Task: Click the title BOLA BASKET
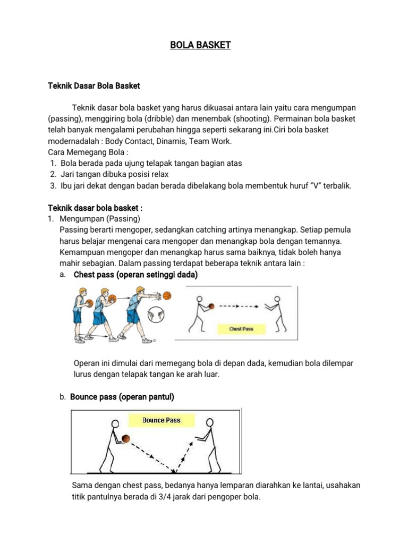click(x=200, y=45)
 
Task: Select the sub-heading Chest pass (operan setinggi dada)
click(x=135, y=275)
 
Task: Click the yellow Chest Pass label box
click(x=241, y=329)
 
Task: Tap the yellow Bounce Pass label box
click(x=161, y=420)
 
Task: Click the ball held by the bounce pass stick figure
click(x=125, y=438)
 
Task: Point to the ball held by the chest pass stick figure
click(x=211, y=307)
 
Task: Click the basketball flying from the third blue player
click(x=167, y=295)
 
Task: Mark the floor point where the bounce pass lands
click(x=174, y=471)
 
